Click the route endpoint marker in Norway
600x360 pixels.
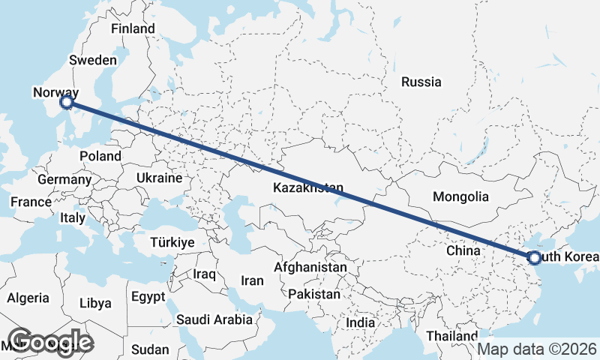click(x=67, y=101)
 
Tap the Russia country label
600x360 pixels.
click(x=421, y=82)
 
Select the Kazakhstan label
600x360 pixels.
click(x=308, y=187)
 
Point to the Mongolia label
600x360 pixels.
click(x=461, y=197)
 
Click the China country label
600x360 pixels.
click(x=463, y=250)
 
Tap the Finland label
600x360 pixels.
click(x=133, y=29)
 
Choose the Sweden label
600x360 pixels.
click(x=92, y=60)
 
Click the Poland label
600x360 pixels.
click(x=100, y=156)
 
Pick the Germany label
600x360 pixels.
click(x=64, y=180)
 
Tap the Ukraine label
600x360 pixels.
click(x=159, y=178)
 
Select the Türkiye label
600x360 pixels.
click(x=172, y=242)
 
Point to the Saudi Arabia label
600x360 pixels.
click(x=214, y=319)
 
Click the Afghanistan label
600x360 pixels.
click(x=310, y=267)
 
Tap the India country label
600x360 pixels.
click(x=360, y=322)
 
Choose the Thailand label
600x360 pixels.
click(x=451, y=335)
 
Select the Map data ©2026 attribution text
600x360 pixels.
click(x=538, y=349)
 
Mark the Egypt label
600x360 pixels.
click(x=147, y=297)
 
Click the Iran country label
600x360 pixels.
click(x=252, y=280)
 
